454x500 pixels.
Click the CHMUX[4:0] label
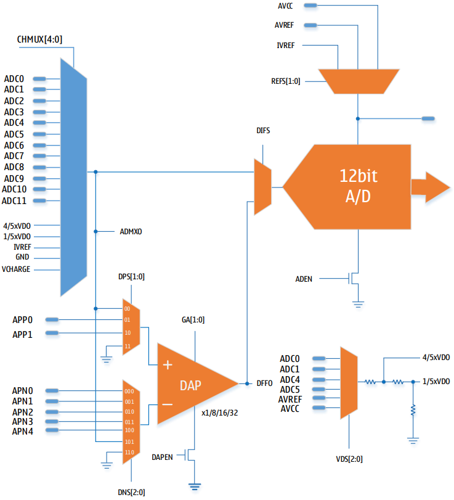pos(40,40)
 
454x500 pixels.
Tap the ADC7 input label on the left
pos(14,156)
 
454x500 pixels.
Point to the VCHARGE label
pos(16,269)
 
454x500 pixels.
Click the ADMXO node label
pos(131,232)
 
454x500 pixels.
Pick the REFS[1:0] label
pos(286,81)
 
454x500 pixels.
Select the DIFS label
pos(263,131)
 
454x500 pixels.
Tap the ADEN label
pos(304,279)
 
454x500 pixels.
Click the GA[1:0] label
pos(193,320)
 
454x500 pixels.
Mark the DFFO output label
pos(265,383)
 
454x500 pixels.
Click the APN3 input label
pos(22,421)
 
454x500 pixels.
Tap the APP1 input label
pos(22,334)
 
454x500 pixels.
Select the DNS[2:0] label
pos(132,492)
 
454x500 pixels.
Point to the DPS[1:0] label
pos(131,277)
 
